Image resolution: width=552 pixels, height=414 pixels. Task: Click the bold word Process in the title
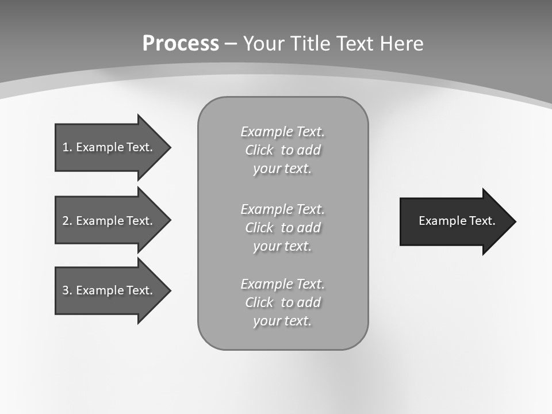pyautogui.click(x=181, y=43)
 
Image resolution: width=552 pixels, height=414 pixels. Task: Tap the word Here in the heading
pyautogui.click(x=401, y=43)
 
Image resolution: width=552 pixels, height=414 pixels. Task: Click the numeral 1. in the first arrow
pyautogui.click(x=67, y=147)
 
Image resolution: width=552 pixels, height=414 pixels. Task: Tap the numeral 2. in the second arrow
pyautogui.click(x=67, y=221)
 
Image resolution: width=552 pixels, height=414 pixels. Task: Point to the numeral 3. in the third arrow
pyautogui.click(x=67, y=290)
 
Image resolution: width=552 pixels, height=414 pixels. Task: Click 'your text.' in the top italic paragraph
pyautogui.click(x=282, y=168)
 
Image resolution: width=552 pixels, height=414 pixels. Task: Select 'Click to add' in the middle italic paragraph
pyautogui.click(x=282, y=228)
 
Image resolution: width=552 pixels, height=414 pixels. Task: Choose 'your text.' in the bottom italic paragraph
pyautogui.click(x=282, y=321)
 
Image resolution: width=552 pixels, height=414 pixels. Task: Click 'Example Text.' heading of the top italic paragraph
pyautogui.click(x=282, y=132)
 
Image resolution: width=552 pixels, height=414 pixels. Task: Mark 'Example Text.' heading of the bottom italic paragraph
pyautogui.click(x=282, y=284)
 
